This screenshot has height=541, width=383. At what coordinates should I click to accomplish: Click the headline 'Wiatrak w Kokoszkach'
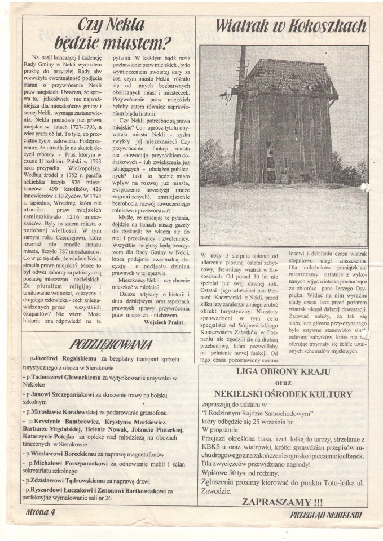(x=290, y=26)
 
